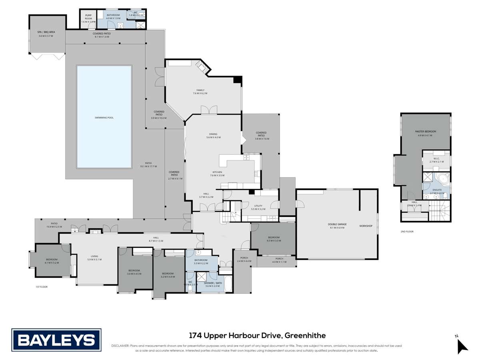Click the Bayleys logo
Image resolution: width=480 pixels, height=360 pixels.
pyautogui.click(x=56, y=340)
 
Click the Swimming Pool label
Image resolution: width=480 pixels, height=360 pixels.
pyautogui.click(x=104, y=118)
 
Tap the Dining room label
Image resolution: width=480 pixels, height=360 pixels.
pyautogui.click(x=213, y=134)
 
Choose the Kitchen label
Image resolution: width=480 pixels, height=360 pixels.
pyautogui.click(x=217, y=172)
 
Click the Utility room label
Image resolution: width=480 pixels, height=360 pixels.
pyautogui.click(x=258, y=206)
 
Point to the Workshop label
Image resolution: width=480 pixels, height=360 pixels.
pyautogui.click(x=366, y=226)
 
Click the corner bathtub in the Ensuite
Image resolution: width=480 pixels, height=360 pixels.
pyautogui.click(x=444, y=178)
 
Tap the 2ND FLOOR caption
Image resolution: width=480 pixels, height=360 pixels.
pyautogui.click(x=407, y=232)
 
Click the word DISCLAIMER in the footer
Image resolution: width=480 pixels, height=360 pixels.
pyautogui.click(x=120, y=346)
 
